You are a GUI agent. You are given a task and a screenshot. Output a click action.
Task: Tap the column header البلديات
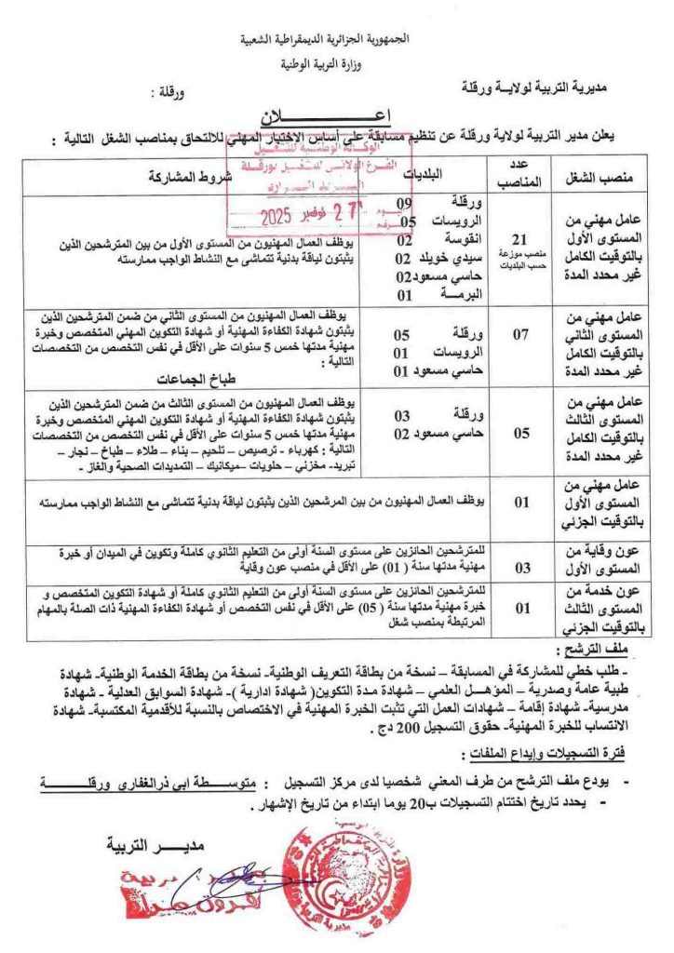427,175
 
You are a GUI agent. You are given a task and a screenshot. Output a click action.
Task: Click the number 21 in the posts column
522,237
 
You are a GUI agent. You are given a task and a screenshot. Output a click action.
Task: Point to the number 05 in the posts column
521,431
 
